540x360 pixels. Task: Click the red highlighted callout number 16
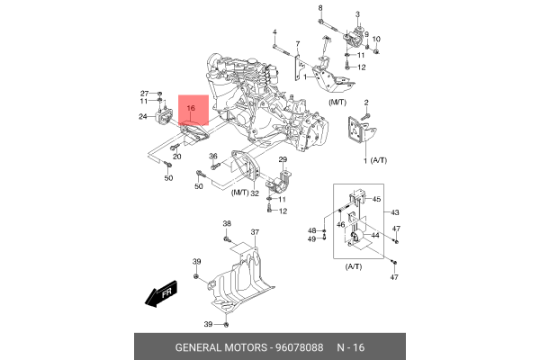(x=191, y=108)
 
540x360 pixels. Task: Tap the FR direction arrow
(x=158, y=293)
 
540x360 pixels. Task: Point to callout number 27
(x=144, y=94)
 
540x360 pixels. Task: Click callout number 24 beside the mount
(x=143, y=117)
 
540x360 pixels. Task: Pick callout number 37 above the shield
(x=255, y=232)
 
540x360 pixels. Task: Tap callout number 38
(x=227, y=224)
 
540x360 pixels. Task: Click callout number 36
(x=214, y=157)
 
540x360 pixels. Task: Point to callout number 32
(x=256, y=193)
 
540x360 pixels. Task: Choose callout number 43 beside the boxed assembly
(x=393, y=211)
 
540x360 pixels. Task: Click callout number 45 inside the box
(x=376, y=199)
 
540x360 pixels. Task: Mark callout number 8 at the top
(x=319, y=8)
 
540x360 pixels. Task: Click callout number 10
(x=376, y=39)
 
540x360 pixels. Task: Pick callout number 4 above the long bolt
(x=274, y=33)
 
